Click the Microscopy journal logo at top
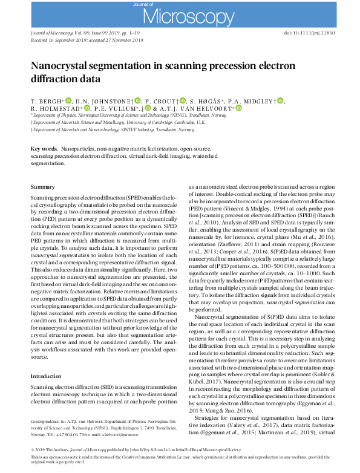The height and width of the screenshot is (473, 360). coord(180,13)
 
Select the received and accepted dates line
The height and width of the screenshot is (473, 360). coord(87,40)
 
